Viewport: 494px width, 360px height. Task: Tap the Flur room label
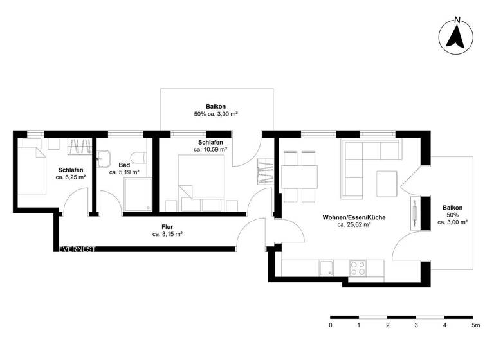click(167, 226)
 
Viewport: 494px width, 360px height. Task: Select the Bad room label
click(124, 165)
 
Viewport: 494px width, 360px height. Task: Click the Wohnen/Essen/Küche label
click(354, 218)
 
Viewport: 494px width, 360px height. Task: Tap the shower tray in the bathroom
click(138, 194)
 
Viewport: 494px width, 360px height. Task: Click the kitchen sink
click(327, 268)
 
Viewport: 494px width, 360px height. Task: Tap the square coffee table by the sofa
click(387, 184)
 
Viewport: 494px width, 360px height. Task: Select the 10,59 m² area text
click(210, 149)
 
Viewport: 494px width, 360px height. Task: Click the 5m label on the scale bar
click(475, 326)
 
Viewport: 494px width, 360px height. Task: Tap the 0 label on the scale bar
click(331, 326)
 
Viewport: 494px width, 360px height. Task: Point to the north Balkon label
click(216, 107)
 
